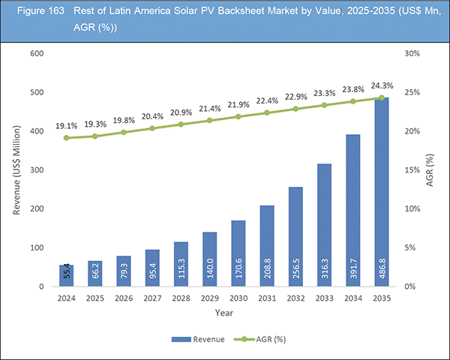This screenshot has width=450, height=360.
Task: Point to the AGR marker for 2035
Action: pyautogui.click(x=382, y=97)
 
